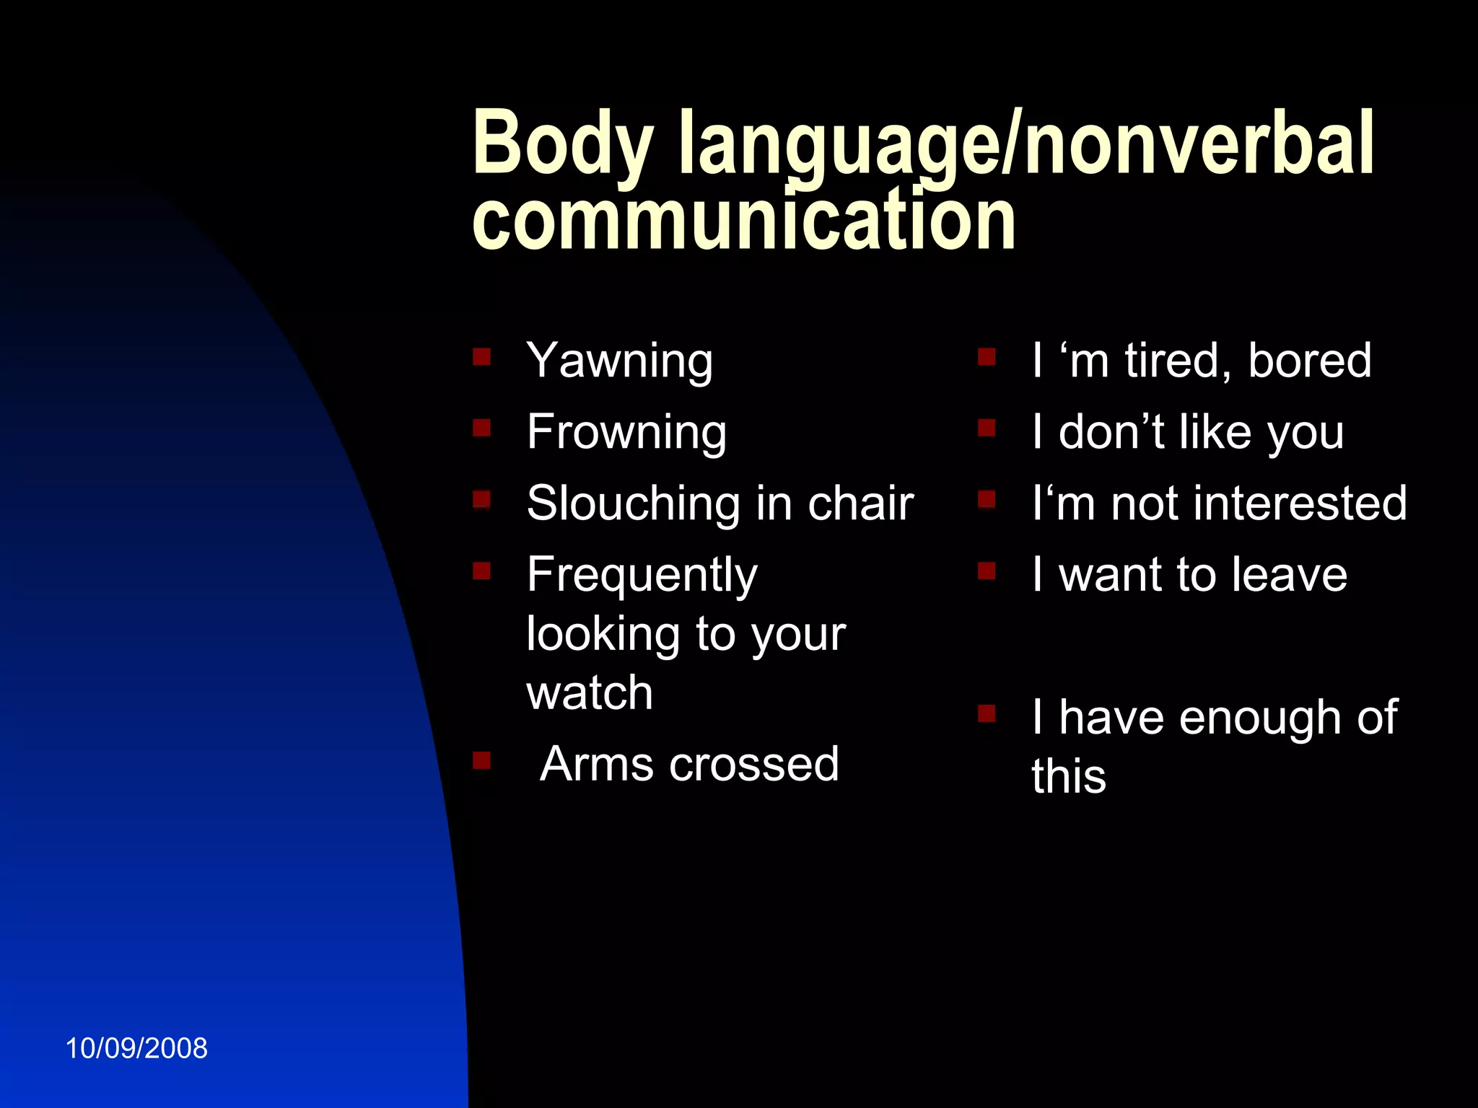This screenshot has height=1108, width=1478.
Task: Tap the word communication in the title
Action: pyautogui.click(x=743, y=220)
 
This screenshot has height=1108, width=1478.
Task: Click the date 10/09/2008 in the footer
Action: pyautogui.click(x=136, y=1048)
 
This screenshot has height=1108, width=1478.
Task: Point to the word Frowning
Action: pyautogui.click(x=626, y=433)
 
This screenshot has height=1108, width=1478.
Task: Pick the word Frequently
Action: pyautogui.click(x=642, y=576)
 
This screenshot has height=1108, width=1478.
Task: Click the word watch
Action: pyautogui.click(x=590, y=693)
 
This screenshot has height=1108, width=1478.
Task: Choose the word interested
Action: pyautogui.click(x=1300, y=504)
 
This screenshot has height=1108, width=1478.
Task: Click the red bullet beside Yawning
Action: pyautogui.click(x=481, y=356)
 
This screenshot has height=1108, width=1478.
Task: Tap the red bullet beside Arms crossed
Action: pyautogui.click(x=481, y=760)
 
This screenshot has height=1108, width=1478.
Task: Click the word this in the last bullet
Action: pyautogui.click(x=1068, y=778)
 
